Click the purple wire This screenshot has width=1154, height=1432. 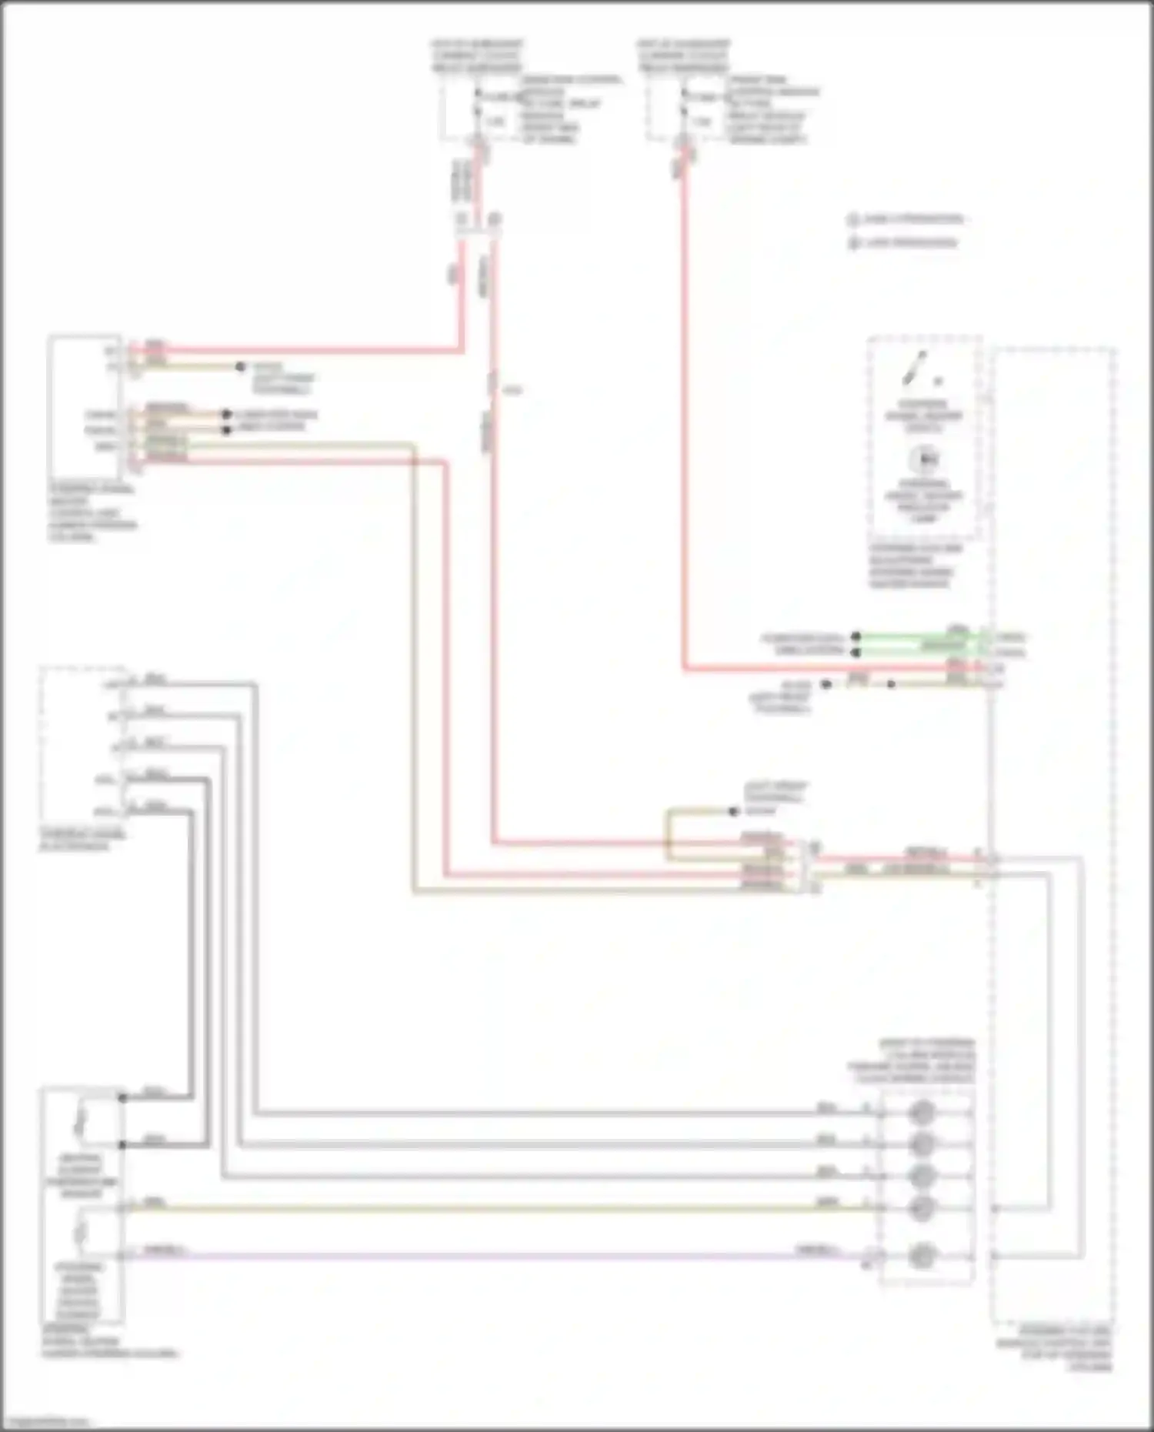pos(492,1256)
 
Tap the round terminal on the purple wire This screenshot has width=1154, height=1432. pos(922,1256)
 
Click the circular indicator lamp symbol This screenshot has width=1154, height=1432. pos(922,459)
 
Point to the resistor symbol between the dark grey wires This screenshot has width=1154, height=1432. pos(81,1120)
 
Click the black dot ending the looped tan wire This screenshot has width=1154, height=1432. pos(733,811)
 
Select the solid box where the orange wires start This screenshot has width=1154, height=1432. pos(85,406)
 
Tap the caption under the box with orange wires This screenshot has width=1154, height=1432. pos(92,512)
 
